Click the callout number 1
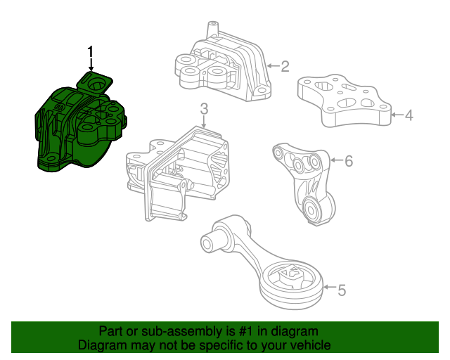pos(90,51)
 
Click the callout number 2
pos(285,67)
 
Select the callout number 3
pos(204,110)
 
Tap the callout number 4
pos(409,114)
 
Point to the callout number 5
pos(342,289)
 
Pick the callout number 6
pos(348,161)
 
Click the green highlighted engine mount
pos(79,127)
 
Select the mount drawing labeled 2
pos(221,67)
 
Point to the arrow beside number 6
pos(335,161)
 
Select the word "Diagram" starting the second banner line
pos(101,345)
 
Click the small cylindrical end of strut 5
pos(209,243)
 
